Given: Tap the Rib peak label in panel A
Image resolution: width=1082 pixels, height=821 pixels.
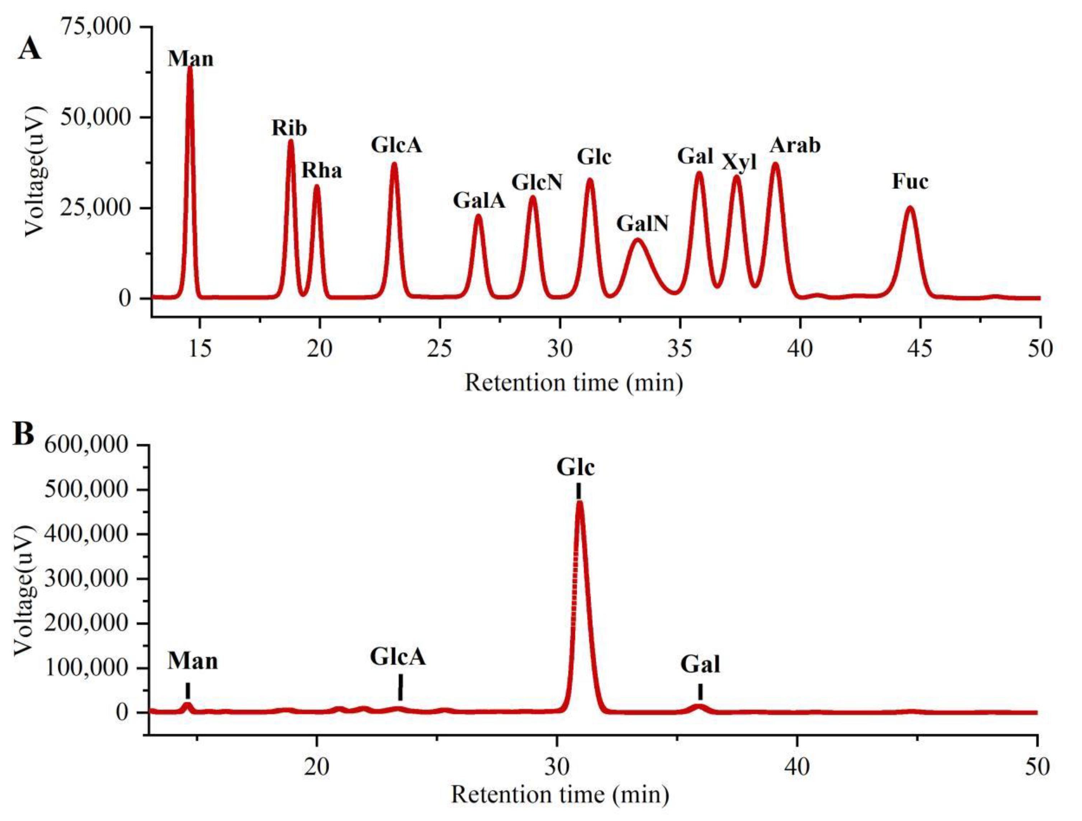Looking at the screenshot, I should coord(290,128).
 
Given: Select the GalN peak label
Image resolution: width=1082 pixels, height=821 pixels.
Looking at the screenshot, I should coord(642,224).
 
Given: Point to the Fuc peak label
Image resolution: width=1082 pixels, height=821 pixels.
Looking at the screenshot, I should coord(910,182).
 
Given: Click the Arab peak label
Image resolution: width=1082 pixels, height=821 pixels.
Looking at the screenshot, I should coord(795,146).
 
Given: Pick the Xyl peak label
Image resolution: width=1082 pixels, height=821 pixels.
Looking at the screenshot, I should coord(739,162).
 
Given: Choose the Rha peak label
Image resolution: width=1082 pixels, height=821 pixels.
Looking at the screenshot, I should coord(321,171).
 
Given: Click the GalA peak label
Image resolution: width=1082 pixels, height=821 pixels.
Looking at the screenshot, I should coord(479,201).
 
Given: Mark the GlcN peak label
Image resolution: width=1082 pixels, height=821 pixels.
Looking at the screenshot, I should coord(537,183).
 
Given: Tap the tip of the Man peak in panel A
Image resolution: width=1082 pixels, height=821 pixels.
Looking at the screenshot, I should coord(190,68).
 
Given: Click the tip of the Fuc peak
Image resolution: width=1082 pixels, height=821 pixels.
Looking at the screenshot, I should coord(910,208).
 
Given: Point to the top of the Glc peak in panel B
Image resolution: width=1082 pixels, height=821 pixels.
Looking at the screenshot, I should coord(580,502).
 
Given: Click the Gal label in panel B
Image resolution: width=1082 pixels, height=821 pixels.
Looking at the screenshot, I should coord(700,665).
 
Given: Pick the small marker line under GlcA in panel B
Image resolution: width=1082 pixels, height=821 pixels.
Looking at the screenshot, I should coord(401,688).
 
